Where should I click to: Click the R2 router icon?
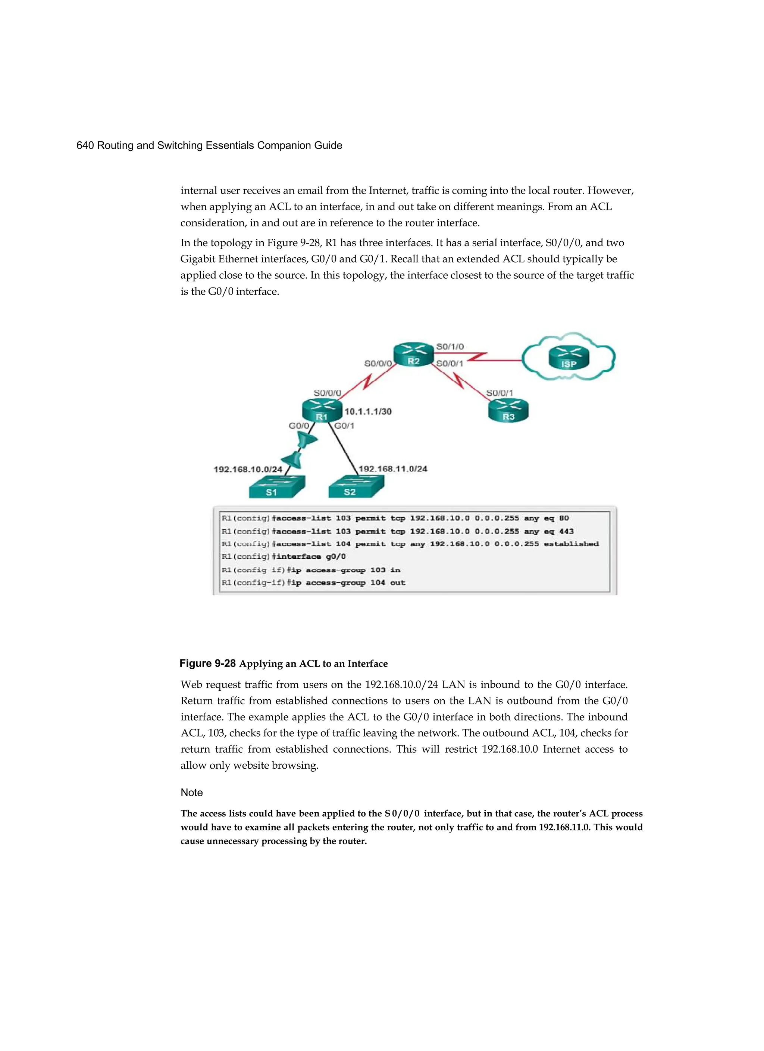413,355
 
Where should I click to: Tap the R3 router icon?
508,411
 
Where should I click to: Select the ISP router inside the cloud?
569,358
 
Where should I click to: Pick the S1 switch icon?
277,487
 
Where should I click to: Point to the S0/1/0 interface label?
450,346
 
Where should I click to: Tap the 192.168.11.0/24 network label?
393,469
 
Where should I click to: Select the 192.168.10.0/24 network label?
248,470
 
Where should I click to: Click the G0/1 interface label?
344,426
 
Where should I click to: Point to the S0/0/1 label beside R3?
499,393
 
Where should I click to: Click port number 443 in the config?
566,531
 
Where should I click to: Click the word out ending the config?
398,583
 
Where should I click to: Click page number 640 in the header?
85,145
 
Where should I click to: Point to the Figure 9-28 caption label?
208,663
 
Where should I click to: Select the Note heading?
191,793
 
